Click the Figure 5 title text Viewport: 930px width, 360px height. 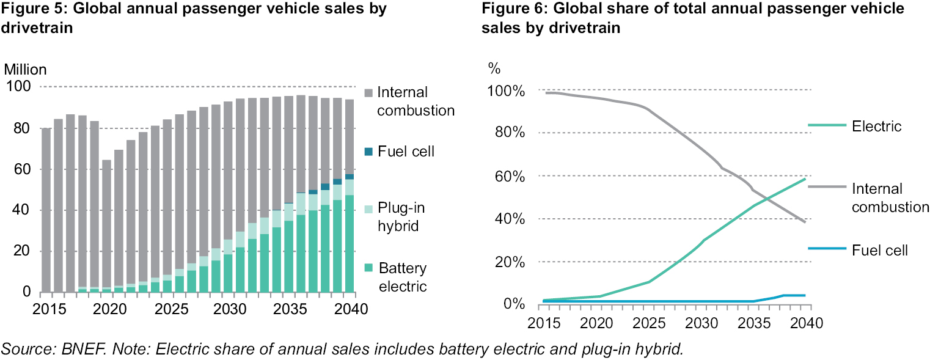tap(194, 19)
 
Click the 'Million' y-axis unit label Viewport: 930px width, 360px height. tap(25, 70)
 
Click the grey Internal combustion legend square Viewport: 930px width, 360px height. tap(368, 92)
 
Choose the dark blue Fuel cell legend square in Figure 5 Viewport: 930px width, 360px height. tap(368, 152)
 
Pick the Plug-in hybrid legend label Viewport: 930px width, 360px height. tap(401, 216)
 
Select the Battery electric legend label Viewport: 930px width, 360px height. tap(403, 277)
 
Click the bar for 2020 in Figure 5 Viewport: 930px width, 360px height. tap(107, 226)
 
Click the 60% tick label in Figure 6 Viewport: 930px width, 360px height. tap(507, 177)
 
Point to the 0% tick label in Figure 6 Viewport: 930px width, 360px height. tap(511, 305)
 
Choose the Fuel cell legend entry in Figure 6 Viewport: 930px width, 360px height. tap(880, 249)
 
